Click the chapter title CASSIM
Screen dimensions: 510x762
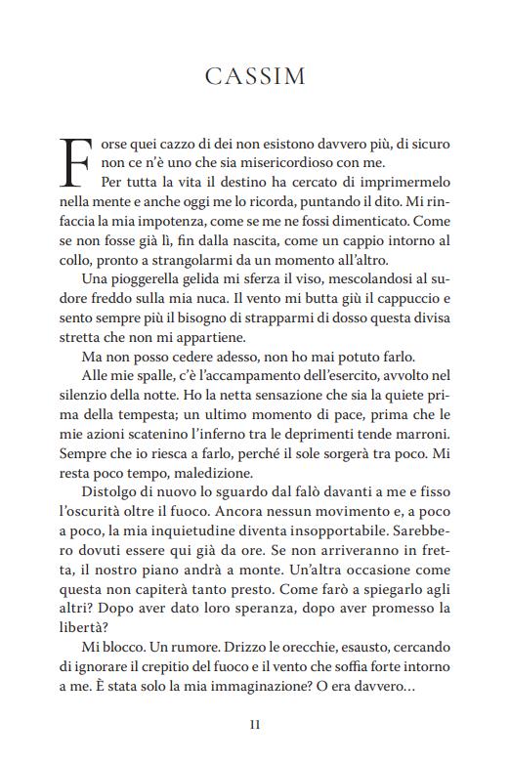pyautogui.click(x=255, y=76)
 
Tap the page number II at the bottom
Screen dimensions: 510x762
pyautogui.click(x=255, y=724)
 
